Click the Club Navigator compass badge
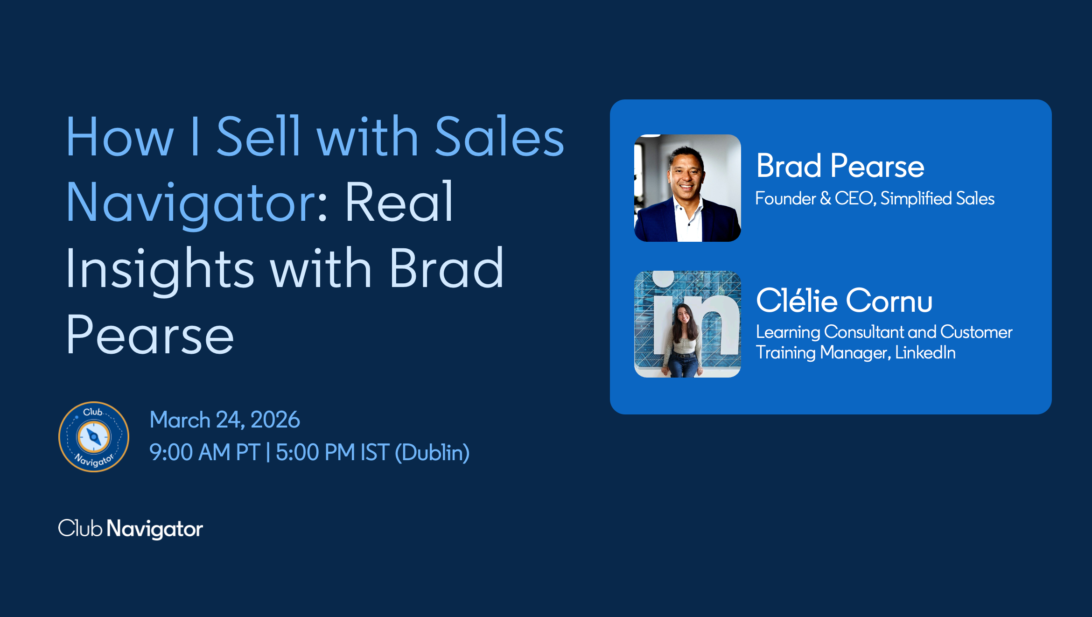pyautogui.click(x=94, y=437)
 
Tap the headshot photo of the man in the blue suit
pyautogui.click(x=687, y=188)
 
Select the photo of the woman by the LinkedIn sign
pyautogui.click(x=687, y=324)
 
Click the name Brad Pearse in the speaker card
pyautogui.click(x=840, y=166)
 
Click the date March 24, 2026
pyautogui.click(x=224, y=420)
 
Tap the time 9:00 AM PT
pyautogui.click(x=204, y=452)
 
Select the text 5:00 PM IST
pyautogui.click(x=333, y=452)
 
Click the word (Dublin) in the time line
pyautogui.click(x=432, y=452)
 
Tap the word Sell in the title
pyautogui.click(x=258, y=137)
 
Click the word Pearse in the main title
pyautogui.click(x=150, y=335)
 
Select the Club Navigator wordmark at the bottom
pyautogui.click(x=131, y=529)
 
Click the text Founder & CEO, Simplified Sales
pyautogui.click(x=875, y=198)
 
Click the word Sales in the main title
pyautogui.click(x=500, y=137)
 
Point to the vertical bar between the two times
pyautogui.click(x=268, y=452)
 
